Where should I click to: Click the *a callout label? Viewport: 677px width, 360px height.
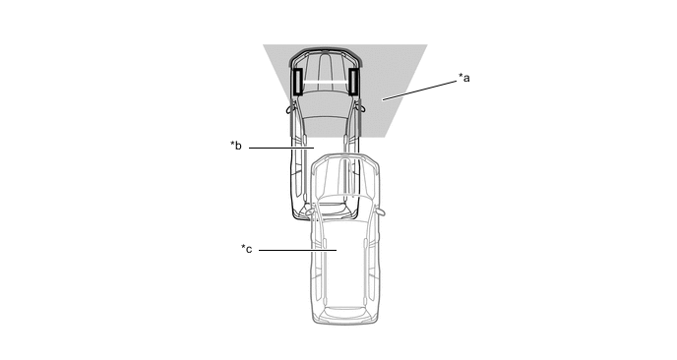(464, 78)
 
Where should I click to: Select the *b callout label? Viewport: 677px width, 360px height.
(236, 146)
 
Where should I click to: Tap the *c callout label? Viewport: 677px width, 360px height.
(247, 249)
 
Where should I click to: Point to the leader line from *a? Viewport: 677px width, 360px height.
(419, 90)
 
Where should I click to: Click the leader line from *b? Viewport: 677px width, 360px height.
(281, 149)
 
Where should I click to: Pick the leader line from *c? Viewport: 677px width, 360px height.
(297, 250)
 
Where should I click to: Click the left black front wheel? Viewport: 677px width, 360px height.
(297, 82)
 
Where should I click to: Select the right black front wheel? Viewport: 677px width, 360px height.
(353, 82)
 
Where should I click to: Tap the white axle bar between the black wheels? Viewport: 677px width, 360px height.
(325, 82)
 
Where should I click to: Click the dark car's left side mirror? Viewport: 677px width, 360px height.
(289, 108)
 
